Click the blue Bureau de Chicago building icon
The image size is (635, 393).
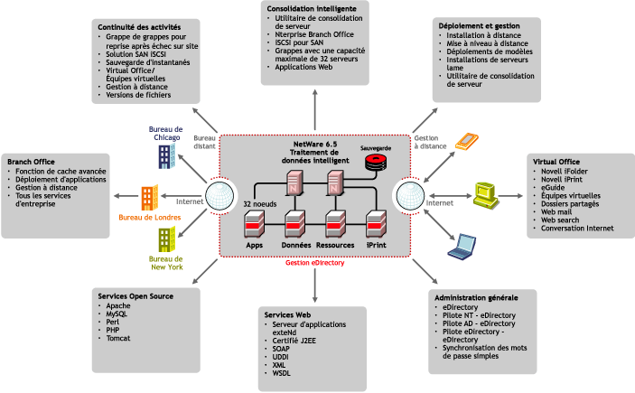coord(167,154)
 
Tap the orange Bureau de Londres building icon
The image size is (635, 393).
coord(149,199)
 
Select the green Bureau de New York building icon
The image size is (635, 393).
coord(165,240)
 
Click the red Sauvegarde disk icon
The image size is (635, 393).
coord(374,163)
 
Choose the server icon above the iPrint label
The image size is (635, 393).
coord(377,222)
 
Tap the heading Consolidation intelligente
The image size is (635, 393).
coord(312,8)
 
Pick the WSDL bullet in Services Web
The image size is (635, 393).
coord(282,372)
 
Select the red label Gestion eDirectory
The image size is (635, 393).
coord(316,263)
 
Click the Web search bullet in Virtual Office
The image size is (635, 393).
coord(560,221)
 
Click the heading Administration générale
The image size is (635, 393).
coord(476,297)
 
